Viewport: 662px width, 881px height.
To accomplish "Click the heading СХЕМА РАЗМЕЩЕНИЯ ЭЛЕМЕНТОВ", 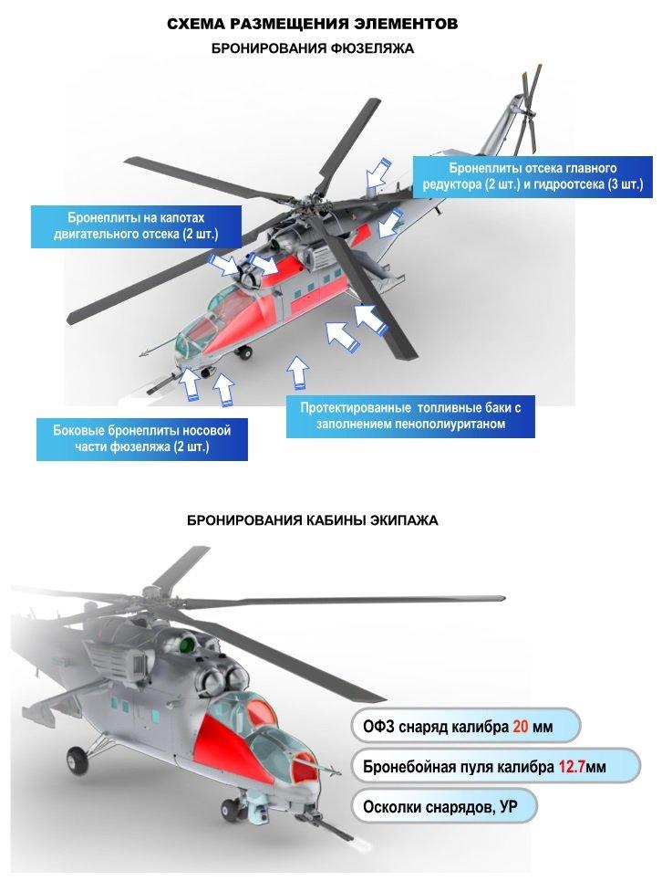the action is coord(313,24).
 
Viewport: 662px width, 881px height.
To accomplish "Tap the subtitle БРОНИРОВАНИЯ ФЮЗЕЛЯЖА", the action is coord(313,48).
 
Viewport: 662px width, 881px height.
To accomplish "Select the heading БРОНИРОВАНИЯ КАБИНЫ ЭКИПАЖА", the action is coord(313,520).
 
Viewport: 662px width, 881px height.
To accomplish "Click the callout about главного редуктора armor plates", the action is coord(533,176).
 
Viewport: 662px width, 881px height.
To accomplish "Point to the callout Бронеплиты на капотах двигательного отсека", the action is coord(137,225).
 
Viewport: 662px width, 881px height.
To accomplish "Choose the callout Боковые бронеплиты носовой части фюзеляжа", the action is coord(142,439).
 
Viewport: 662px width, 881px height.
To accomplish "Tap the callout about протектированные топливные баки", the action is coord(410,415).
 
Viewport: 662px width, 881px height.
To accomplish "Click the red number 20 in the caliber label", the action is coord(521,727).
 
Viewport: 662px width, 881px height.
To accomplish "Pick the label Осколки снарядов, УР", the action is coord(440,807).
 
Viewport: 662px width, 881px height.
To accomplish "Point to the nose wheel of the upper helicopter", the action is coord(244,351).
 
